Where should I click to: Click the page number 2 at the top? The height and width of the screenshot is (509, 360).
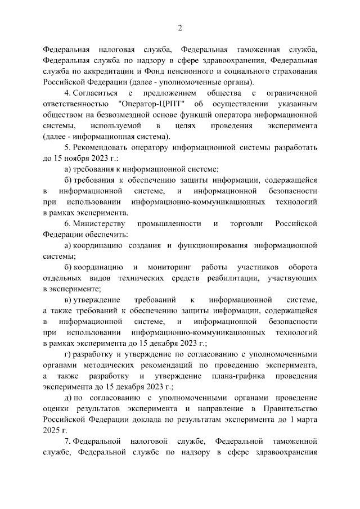click(180, 28)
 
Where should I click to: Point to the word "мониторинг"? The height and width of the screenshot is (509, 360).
click(168, 267)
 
